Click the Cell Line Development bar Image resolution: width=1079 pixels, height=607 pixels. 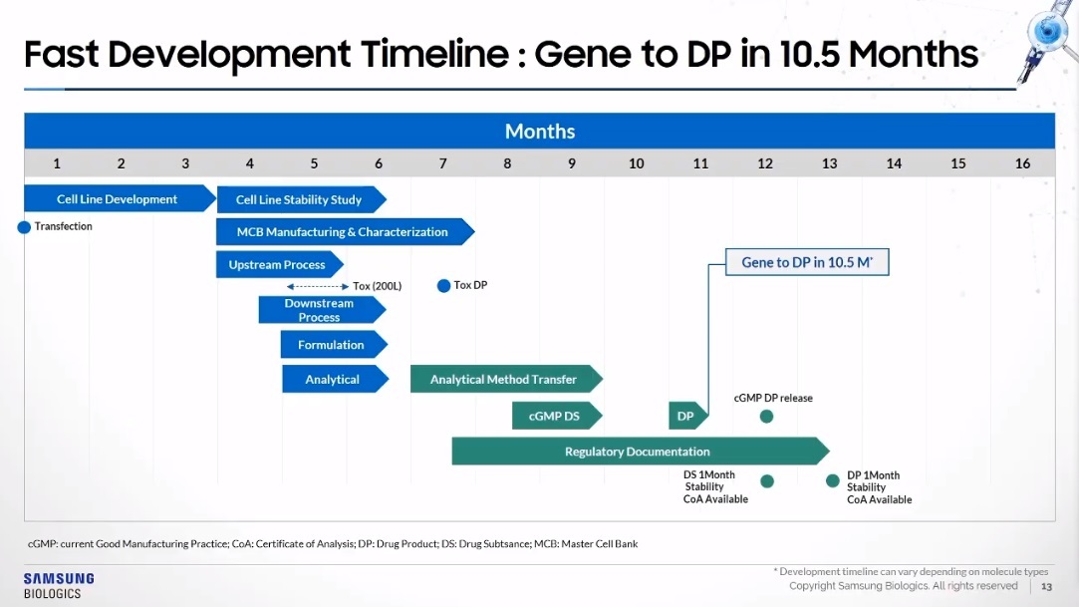click(x=120, y=199)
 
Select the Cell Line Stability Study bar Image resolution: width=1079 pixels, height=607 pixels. click(x=302, y=199)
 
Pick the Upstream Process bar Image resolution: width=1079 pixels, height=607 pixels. click(x=279, y=264)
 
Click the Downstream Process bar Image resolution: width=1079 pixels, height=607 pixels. click(x=322, y=310)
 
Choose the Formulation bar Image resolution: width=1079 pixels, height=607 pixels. click(x=334, y=345)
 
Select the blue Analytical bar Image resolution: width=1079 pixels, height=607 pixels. click(x=335, y=379)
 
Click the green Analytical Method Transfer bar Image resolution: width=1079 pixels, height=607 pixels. click(x=506, y=379)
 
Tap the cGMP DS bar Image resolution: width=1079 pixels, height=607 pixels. click(x=557, y=416)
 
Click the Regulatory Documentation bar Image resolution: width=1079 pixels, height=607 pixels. click(x=640, y=452)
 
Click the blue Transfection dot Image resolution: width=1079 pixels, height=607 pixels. click(x=24, y=227)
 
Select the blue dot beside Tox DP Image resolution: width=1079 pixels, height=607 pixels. click(x=443, y=286)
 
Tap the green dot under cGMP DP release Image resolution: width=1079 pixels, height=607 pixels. click(x=766, y=417)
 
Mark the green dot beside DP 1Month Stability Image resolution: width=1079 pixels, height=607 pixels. click(x=833, y=480)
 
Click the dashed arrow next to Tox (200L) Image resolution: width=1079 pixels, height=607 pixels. click(x=318, y=286)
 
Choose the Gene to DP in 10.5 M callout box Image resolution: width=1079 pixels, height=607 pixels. click(x=807, y=262)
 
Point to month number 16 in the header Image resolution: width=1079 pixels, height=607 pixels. click(x=1022, y=163)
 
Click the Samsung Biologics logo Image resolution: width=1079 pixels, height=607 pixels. click(x=59, y=586)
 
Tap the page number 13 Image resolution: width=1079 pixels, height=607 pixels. click(x=1047, y=586)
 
